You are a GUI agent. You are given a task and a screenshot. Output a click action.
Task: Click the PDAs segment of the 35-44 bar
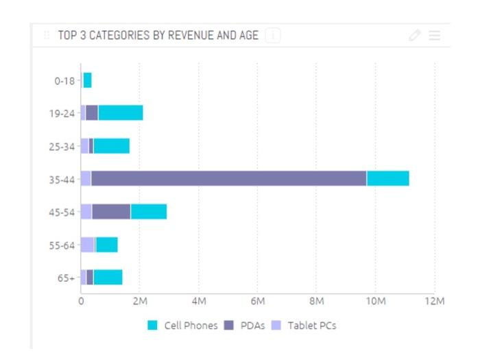pyautogui.click(x=228, y=178)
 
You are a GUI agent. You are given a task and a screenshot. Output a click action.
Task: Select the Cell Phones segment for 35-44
pyautogui.click(x=387, y=178)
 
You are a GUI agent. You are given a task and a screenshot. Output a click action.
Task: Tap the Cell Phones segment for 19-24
pyautogui.click(x=120, y=112)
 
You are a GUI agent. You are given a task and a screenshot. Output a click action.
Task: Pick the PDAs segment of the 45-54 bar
pyautogui.click(x=111, y=211)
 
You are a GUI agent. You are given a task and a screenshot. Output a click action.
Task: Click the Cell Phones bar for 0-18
pyautogui.click(x=87, y=80)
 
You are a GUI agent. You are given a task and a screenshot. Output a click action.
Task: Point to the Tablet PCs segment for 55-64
pyautogui.click(x=87, y=245)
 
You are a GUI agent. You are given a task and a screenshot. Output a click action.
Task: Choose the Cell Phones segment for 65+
pyautogui.click(x=108, y=277)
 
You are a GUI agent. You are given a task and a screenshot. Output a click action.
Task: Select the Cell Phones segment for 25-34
pyautogui.click(x=111, y=145)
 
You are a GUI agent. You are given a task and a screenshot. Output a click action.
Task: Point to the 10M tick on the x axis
pyautogui.click(x=375, y=301)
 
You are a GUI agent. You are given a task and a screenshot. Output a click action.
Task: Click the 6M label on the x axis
pyautogui.click(x=258, y=301)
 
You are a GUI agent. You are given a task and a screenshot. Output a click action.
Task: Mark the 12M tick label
pyautogui.click(x=434, y=301)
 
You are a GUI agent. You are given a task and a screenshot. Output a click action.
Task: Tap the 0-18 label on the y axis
pyautogui.click(x=64, y=80)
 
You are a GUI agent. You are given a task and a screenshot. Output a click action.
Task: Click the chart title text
pyautogui.click(x=158, y=36)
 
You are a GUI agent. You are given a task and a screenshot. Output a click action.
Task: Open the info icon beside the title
pyautogui.click(x=272, y=36)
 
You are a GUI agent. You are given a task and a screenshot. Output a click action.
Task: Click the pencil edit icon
pyautogui.click(x=414, y=36)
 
